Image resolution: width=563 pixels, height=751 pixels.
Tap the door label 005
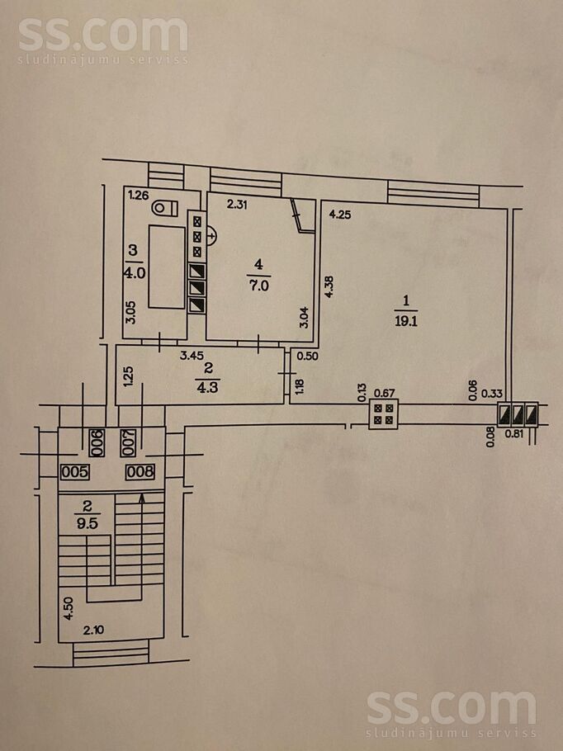pos(74,473)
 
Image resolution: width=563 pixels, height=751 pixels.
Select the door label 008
pos(140,473)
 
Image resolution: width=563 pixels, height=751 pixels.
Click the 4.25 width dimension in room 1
pos(340,215)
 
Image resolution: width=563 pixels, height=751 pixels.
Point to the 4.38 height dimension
pos(329,286)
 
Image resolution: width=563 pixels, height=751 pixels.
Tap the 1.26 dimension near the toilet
pos(138,196)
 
